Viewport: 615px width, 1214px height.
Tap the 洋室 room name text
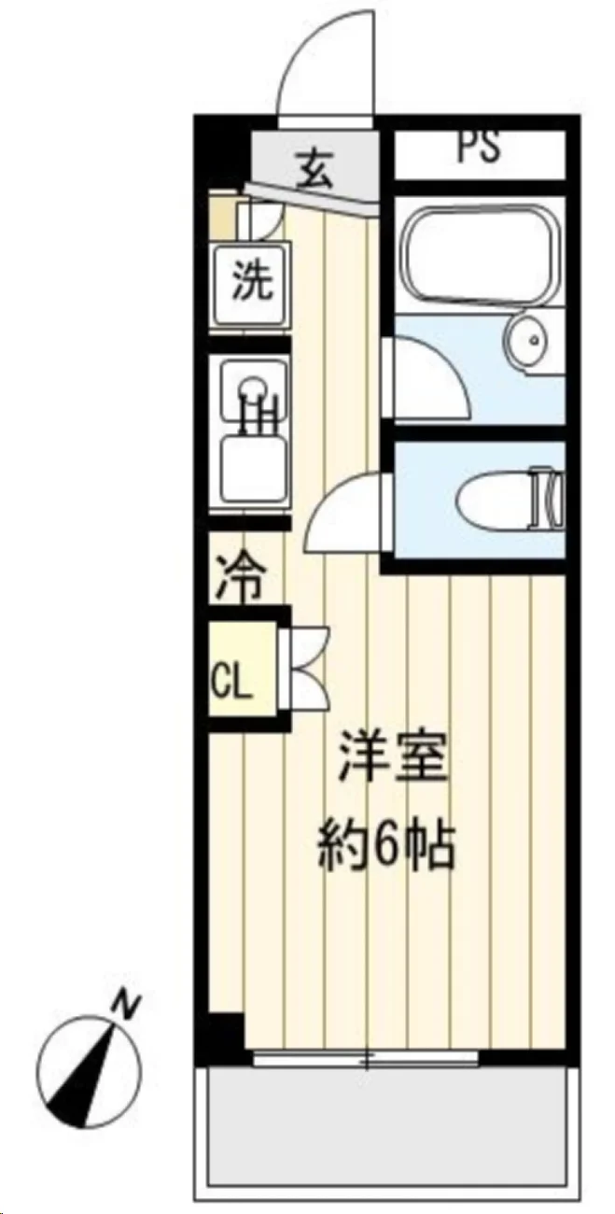(x=392, y=755)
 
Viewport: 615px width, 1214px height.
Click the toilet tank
(x=548, y=499)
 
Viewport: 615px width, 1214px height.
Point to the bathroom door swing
(x=427, y=374)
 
